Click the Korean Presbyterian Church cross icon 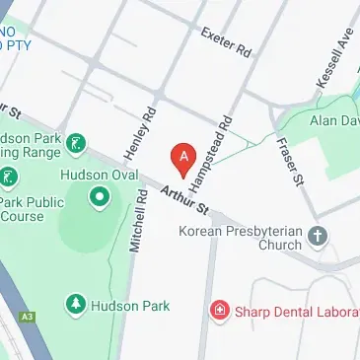(317, 235)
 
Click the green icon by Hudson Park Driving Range (76, 146)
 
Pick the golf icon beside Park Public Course (9, 178)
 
